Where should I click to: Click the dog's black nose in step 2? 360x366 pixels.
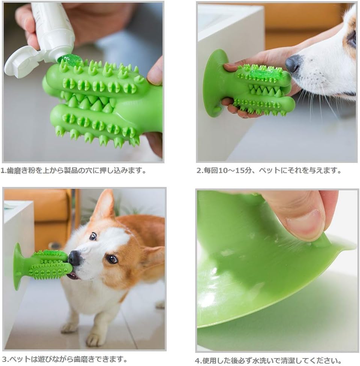293,63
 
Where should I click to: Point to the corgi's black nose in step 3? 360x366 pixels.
74,258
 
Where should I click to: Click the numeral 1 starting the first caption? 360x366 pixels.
3,170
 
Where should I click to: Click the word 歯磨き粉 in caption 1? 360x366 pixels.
19,170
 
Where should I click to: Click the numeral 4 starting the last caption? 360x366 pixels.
198,361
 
